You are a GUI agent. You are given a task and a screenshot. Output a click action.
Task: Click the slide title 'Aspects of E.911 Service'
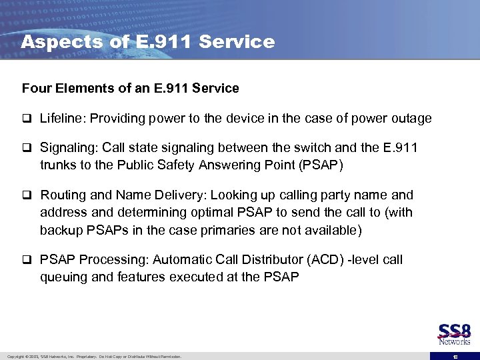click(x=147, y=42)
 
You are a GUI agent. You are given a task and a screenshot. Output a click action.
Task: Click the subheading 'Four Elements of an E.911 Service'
click(x=130, y=88)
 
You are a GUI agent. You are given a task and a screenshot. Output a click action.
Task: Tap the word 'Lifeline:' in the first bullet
click(x=63, y=119)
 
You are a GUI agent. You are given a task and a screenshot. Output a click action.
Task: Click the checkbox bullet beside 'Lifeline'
click(x=27, y=119)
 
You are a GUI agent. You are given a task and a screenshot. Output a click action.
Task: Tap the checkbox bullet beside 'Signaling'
click(x=27, y=148)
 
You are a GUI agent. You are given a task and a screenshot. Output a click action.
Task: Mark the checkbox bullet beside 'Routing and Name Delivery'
click(x=27, y=196)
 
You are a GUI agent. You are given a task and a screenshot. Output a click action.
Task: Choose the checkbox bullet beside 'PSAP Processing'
click(x=27, y=260)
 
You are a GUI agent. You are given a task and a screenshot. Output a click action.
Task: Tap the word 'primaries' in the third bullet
click(x=258, y=230)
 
